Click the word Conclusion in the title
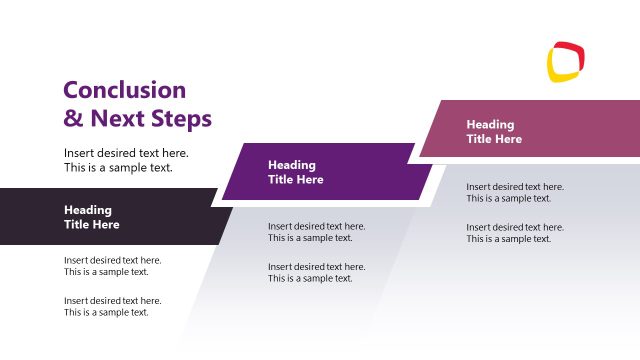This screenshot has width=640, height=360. pyautogui.click(x=125, y=90)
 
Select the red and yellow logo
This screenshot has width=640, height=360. pyautogui.click(x=566, y=61)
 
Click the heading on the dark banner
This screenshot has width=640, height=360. pyautogui.click(x=92, y=217)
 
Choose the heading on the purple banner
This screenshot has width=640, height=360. pyautogui.click(x=296, y=172)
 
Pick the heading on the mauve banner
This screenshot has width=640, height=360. pyautogui.click(x=494, y=132)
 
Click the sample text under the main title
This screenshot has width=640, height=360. pyautogui.click(x=126, y=160)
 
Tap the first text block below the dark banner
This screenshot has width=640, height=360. pyautogui.click(x=112, y=266)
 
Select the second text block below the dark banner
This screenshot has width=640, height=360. pyautogui.click(x=112, y=306)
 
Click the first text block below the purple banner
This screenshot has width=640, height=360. pyautogui.click(x=316, y=232)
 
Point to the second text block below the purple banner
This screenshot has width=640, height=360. pyautogui.click(x=316, y=272)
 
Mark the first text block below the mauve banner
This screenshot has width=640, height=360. pyautogui.click(x=514, y=192)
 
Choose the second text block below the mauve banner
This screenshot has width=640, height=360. pyautogui.click(x=514, y=233)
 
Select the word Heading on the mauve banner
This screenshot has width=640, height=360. pyautogui.click(x=490, y=125)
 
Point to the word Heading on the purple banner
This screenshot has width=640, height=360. pyautogui.click(x=292, y=165)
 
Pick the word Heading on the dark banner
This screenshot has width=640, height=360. pyautogui.click(x=88, y=210)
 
